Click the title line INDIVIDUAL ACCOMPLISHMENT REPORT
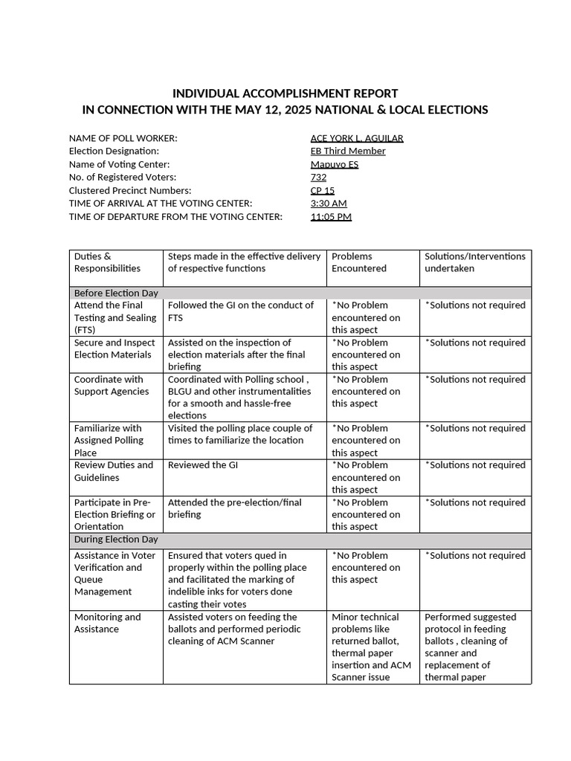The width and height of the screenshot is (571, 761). [285, 94]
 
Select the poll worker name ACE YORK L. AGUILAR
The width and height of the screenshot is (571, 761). [357, 138]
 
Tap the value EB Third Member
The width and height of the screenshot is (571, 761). [348, 151]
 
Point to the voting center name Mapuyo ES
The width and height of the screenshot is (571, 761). [334, 164]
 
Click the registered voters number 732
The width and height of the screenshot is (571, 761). [318, 177]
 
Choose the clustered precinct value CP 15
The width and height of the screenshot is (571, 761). [322, 190]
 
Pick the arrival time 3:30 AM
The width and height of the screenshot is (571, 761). [329, 204]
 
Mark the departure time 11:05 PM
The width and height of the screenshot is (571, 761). [331, 217]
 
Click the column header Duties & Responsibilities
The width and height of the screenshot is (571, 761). [107, 262]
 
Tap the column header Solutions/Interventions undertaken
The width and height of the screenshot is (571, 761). [474, 262]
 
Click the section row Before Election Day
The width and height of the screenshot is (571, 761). [116, 293]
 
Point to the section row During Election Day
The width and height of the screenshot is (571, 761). [116, 540]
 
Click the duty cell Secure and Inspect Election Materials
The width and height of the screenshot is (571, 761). [114, 349]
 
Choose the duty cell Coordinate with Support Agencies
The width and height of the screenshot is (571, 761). [112, 385]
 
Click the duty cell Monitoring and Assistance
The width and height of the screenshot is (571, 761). [107, 623]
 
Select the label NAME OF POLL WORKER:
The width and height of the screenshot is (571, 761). [123, 138]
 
